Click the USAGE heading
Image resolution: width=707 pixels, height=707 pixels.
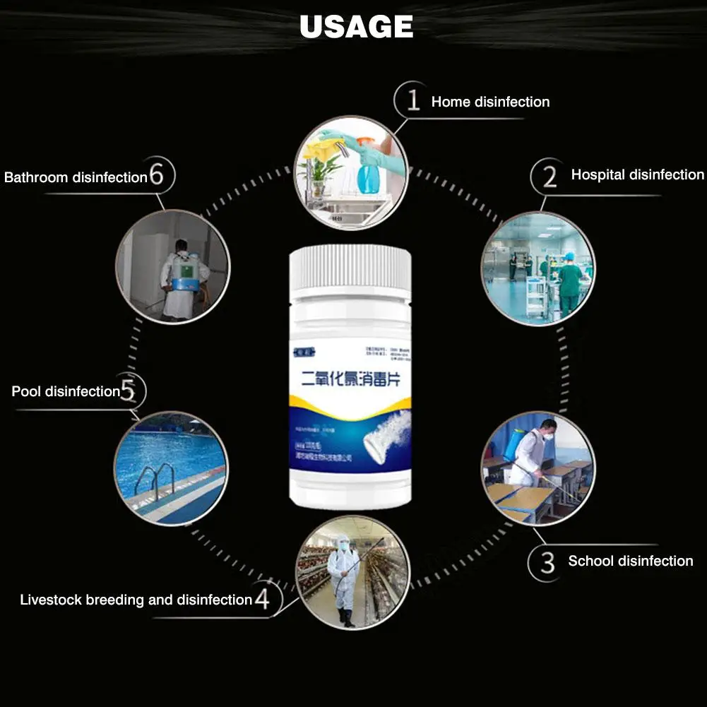356,27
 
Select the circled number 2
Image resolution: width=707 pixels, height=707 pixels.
549,174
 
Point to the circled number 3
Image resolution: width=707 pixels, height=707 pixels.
547,562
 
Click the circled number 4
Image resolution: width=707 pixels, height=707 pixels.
262,600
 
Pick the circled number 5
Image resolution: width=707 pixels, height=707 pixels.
128,390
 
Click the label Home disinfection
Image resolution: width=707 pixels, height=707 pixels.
490,102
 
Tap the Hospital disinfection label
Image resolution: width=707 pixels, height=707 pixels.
637,174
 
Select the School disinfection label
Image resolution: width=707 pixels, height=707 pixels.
630,562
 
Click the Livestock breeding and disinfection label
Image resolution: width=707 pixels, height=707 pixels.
136,600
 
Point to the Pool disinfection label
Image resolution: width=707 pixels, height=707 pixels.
66,391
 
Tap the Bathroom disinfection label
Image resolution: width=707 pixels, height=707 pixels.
75,177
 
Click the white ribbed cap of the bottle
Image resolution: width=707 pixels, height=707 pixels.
350,267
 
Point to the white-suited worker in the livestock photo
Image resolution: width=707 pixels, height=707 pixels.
343,576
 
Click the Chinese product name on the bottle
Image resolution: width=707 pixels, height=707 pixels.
350,379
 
